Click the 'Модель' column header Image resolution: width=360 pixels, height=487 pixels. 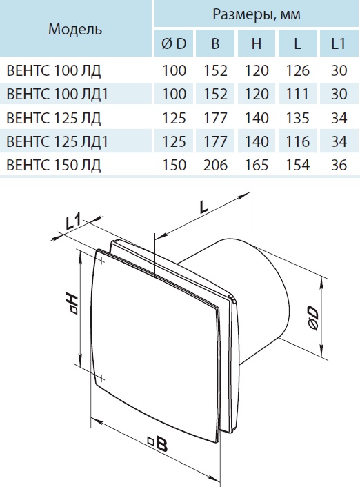76,30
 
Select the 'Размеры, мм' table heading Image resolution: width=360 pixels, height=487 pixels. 256,14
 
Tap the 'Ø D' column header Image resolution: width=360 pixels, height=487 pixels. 173,45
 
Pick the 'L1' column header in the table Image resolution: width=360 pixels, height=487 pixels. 337,45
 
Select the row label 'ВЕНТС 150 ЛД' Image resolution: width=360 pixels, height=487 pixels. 53,166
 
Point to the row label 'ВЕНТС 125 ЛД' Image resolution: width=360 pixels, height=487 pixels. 53,117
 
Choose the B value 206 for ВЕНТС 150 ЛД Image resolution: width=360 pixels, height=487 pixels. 215,166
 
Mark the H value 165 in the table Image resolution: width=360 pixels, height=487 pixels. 257,166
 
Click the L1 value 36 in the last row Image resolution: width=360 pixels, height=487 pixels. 337,166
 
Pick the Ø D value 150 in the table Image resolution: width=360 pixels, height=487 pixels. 173,166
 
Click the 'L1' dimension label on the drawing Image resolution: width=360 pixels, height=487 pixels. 73,222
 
